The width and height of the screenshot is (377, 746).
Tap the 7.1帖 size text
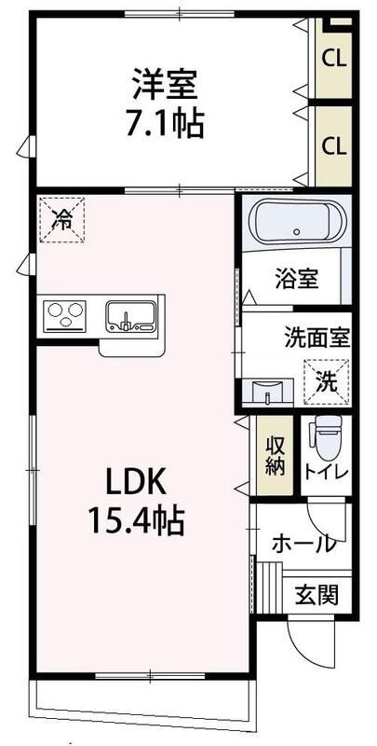point(165,123)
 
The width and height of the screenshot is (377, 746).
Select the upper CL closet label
point(334,58)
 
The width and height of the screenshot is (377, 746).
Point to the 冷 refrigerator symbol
point(62,220)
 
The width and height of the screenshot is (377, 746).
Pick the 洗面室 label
point(316,338)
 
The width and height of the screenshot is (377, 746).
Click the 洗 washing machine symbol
point(326,380)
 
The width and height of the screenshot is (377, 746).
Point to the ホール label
point(303,544)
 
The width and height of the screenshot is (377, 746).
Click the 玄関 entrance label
point(316,593)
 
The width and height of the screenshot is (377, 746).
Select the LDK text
point(135,482)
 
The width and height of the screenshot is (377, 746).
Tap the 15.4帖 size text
point(136,519)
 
